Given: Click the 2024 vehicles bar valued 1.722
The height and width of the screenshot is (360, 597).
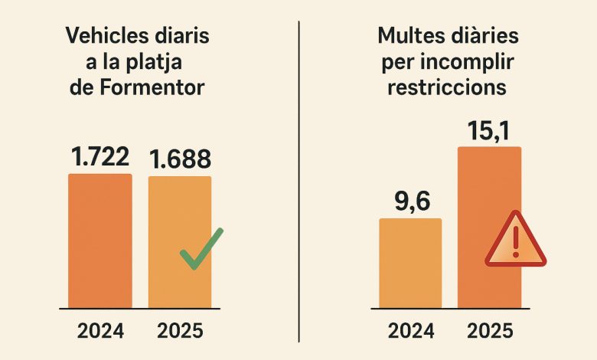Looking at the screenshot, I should coord(99,241).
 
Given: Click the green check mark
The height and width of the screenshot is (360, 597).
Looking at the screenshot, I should coord(201,249).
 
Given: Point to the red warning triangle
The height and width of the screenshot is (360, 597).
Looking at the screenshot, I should coord(515,241).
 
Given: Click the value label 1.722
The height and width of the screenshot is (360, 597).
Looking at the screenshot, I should coord(99,157).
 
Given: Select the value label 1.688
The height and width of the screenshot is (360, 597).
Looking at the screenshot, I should coord(180,159).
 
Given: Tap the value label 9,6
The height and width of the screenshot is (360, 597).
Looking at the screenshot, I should coord(411,202).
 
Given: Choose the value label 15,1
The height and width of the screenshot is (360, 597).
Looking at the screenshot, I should coord(489,130).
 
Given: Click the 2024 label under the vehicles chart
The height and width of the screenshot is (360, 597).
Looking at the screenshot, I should coord(100,331).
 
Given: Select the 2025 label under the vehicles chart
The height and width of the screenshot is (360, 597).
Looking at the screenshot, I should coord(180,331).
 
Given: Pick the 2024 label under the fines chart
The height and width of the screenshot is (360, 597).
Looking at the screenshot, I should coord(411,331).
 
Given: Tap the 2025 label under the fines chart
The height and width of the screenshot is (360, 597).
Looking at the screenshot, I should coord(490,331).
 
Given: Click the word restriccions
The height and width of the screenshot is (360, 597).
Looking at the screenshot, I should coord(447,87).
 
